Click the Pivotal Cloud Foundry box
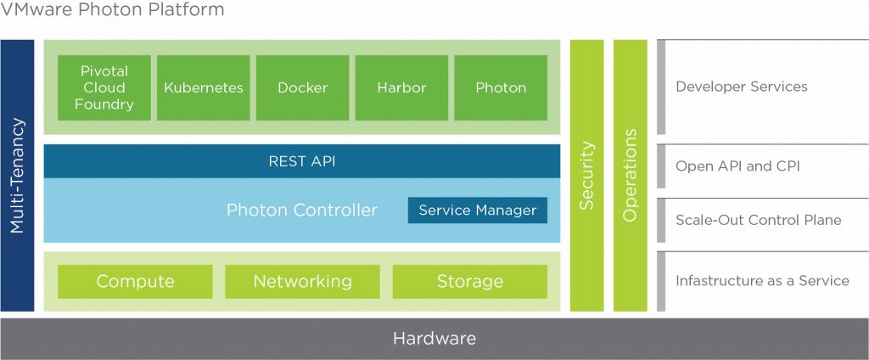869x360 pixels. click(x=104, y=87)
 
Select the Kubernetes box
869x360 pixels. click(x=204, y=87)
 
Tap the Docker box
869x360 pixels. click(x=302, y=87)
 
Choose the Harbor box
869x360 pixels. click(x=401, y=87)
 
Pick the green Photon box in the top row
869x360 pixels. click(x=501, y=87)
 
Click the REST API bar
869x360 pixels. click(x=301, y=161)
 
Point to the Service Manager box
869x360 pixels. click(x=477, y=210)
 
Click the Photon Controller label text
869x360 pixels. click(x=301, y=210)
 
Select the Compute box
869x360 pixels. click(x=135, y=281)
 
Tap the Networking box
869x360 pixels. click(x=302, y=281)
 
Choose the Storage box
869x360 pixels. click(x=469, y=281)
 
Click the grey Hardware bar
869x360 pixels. click(x=434, y=339)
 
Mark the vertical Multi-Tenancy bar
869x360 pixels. click(x=17, y=175)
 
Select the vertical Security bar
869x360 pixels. click(x=586, y=175)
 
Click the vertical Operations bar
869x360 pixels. click(x=630, y=175)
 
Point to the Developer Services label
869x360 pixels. click(x=741, y=87)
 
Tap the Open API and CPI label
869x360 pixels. click(x=737, y=166)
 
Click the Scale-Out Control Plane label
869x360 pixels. click(x=758, y=220)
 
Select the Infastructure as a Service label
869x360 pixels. click(x=761, y=280)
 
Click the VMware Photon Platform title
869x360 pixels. click(x=113, y=11)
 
